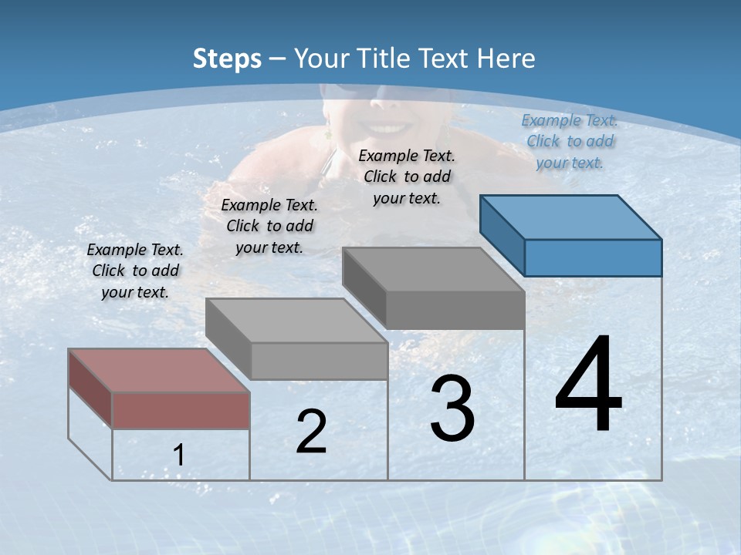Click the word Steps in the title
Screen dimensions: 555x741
227,59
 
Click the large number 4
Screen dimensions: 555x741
588,385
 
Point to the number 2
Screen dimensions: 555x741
311,432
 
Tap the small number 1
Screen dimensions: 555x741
178,456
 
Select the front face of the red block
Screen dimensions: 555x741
181,410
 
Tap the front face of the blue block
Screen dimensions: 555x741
593,257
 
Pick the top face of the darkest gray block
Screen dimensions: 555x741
432,270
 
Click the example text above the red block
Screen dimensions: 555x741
135,271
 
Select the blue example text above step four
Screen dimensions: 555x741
570,141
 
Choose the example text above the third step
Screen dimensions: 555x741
407,177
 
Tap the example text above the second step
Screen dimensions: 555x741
269,226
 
